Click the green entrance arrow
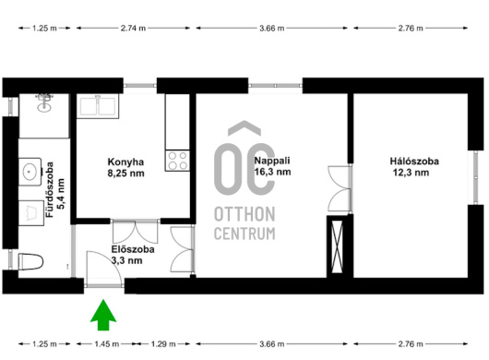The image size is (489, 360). click(103, 315)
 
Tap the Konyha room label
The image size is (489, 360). click(125, 162)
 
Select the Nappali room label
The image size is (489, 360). click(272, 161)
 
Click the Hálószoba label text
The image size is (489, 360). click(414, 161)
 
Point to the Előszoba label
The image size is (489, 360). click(133, 249)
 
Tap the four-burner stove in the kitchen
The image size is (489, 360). click(177, 161)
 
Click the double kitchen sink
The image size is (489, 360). click(98, 106)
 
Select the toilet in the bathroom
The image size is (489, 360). click(30, 261)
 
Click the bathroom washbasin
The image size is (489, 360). click(30, 172)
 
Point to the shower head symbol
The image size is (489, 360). click(44, 103)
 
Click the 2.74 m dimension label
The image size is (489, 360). click(133, 28)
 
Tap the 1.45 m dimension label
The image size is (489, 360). click(107, 343)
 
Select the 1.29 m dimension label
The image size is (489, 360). click(163, 343)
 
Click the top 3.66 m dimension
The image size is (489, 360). click(271, 28)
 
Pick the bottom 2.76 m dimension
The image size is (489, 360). click(411, 343)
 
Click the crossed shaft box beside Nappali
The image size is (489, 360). click(337, 246)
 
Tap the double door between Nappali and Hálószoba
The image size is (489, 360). click(340, 189)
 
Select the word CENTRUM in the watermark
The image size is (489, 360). click(244, 234)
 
